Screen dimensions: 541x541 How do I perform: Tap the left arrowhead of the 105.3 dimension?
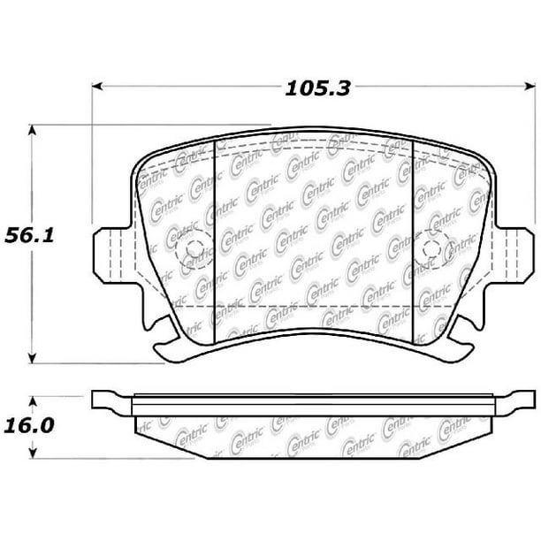tap(97, 87)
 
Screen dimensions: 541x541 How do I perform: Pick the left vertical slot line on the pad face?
tap(217, 239)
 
